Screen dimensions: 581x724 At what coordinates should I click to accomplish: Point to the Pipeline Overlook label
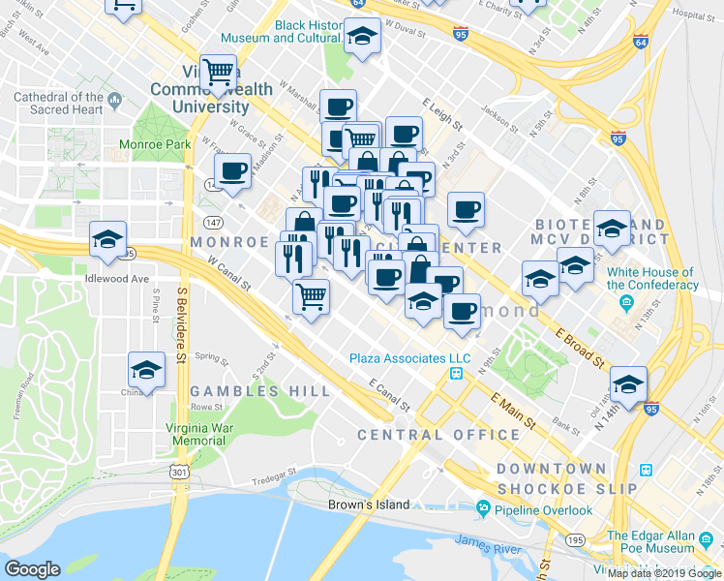point(542,509)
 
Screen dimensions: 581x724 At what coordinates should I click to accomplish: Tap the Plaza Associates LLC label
point(409,358)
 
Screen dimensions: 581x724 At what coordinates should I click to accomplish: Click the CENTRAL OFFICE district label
point(438,435)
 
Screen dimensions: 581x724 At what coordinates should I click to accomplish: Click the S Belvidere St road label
point(181,324)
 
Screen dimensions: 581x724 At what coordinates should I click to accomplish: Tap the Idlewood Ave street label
point(116,279)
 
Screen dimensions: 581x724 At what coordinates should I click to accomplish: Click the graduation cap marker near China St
point(146,370)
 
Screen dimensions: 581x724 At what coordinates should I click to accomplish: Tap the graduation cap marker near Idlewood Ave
point(107,238)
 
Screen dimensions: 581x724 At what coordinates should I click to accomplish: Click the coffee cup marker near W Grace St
point(232,171)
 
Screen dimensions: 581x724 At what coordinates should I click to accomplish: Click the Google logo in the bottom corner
point(32,569)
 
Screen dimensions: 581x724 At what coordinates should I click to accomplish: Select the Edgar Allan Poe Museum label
point(664,542)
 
